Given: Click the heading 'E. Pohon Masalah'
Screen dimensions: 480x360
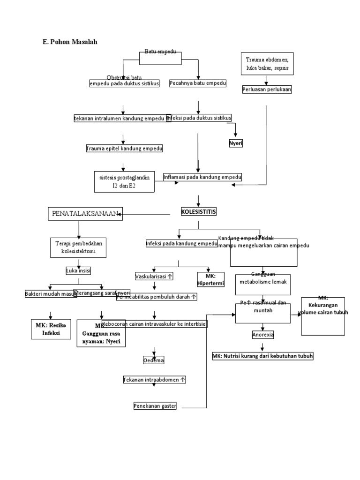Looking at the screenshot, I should [70, 42].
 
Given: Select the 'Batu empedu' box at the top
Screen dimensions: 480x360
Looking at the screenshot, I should [160, 57].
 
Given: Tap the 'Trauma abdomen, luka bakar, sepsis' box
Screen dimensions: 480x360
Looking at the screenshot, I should [267, 64].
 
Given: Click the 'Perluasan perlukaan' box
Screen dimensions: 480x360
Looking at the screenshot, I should [267, 89].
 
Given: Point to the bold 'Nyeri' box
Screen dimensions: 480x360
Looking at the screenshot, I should [236, 143].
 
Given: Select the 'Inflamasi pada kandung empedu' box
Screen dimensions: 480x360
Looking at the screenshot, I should [202, 177].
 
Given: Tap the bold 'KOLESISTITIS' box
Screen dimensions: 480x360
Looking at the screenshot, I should [199, 212].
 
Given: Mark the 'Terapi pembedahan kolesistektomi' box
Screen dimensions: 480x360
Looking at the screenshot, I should [79, 247].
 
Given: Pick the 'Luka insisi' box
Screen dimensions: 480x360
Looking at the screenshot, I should [78, 271].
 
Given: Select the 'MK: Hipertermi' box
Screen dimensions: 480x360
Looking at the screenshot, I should [210, 279].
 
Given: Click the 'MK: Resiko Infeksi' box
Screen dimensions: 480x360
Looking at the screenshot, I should [50, 330].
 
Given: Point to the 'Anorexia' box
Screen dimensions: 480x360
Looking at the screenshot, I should [263, 335].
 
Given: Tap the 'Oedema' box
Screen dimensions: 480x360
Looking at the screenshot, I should [153, 360].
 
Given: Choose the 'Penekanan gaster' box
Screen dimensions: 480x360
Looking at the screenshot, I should [155, 406].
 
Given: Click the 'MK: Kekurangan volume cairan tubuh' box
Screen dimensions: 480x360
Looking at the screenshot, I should [323, 316].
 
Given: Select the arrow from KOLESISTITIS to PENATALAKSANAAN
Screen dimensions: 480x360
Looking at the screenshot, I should [145, 215].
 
